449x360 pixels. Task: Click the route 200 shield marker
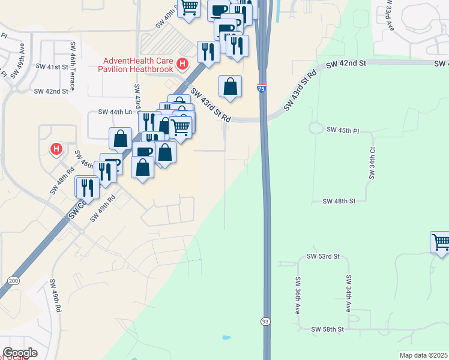(13, 280)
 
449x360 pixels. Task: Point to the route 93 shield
(265, 322)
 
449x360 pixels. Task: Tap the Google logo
(20, 353)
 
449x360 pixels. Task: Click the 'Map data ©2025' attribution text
(423, 355)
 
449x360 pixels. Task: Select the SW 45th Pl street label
(342, 130)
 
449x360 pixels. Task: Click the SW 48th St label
(339, 202)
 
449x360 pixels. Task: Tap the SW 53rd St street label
(323, 256)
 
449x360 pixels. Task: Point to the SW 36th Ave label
(298, 295)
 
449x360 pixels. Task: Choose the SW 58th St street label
(327, 329)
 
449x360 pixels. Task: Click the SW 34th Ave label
(348, 294)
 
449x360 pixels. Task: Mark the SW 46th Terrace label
(73, 66)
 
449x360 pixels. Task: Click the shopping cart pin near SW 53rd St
(440, 242)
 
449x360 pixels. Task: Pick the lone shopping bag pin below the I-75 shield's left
(230, 86)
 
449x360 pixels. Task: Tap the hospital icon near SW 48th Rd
(56, 148)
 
